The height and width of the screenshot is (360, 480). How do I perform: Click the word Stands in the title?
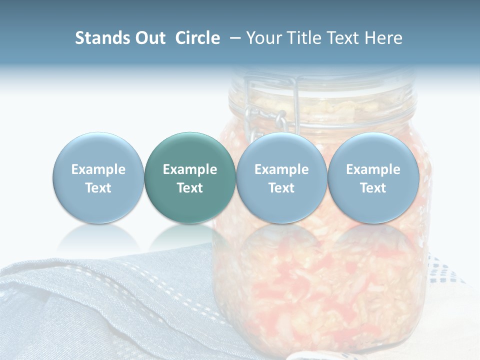coord(102,38)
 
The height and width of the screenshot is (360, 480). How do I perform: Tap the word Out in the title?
coord(150,38)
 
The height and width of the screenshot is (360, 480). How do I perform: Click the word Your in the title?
coord(263,38)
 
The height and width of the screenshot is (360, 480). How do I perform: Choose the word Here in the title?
coord(384,38)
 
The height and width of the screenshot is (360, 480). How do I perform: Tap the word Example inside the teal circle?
coord(190,169)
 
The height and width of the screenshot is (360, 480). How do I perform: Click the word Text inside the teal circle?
coord(190,188)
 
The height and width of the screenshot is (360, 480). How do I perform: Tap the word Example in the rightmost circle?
coord(373,169)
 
